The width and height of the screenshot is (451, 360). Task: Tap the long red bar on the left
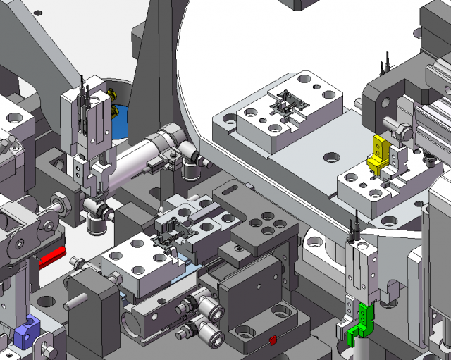tap(52, 259)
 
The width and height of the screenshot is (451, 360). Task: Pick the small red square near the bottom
tap(273, 341)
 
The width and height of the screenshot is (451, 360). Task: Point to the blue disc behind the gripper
tap(117, 120)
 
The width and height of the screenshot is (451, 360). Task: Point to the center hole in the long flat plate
tap(329, 156)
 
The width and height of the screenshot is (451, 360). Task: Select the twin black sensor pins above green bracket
tap(355, 229)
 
